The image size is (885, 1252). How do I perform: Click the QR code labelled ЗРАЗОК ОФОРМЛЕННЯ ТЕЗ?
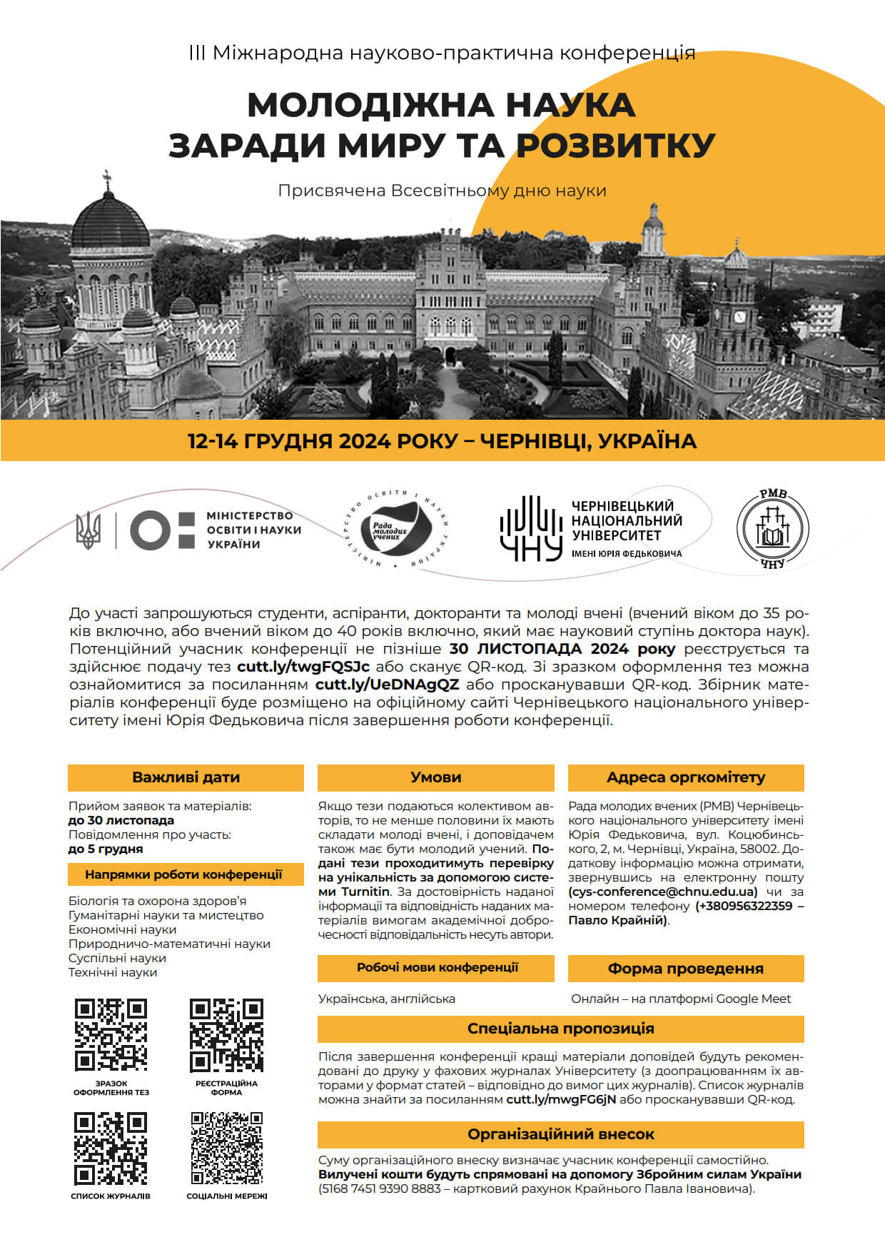click(x=111, y=1034)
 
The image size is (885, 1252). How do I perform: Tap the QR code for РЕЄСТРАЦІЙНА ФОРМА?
click(x=226, y=1034)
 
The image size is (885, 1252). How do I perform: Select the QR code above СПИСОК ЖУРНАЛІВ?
click(x=111, y=1148)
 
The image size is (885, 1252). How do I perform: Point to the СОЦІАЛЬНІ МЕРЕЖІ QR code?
click(x=226, y=1148)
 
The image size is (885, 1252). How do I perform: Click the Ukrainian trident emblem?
click(x=88, y=530)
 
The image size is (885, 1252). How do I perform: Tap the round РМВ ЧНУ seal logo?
click(x=773, y=528)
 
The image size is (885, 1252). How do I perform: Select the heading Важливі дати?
click(x=186, y=777)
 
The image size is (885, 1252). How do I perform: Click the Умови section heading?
click(x=435, y=777)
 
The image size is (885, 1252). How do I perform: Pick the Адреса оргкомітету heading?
click(x=685, y=777)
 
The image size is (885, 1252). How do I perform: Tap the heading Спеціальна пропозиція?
click(x=560, y=1029)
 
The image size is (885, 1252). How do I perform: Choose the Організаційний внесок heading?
click(x=560, y=1134)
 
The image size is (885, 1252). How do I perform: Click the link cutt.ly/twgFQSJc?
click(x=303, y=667)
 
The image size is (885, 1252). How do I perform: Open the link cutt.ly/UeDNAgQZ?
click(x=387, y=685)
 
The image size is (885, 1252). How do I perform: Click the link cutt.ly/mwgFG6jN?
click(x=561, y=1099)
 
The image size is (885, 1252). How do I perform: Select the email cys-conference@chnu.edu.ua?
click(x=663, y=892)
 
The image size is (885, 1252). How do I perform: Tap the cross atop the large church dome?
click(x=108, y=178)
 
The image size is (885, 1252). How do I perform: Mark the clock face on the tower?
click(x=740, y=317)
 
